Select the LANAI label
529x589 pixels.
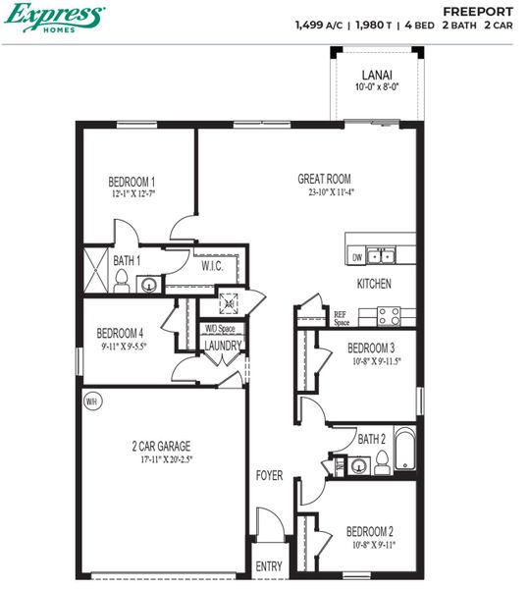(x=376, y=74)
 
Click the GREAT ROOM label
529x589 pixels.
(x=324, y=179)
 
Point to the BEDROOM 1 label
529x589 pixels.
(x=132, y=182)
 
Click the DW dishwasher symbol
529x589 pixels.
(x=357, y=257)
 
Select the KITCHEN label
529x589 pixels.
(x=374, y=284)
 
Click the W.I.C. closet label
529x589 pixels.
(x=213, y=266)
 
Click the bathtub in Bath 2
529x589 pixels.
(x=405, y=457)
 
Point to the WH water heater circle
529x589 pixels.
(x=92, y=401)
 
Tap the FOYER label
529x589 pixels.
(x=269, y=475)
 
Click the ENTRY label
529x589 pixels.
(x=268, y=566)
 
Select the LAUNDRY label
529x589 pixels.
(x=222, y=346)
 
